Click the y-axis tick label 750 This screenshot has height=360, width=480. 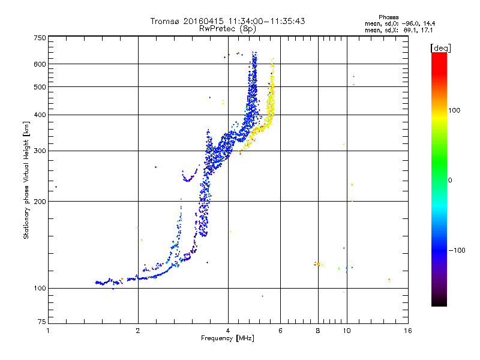40,37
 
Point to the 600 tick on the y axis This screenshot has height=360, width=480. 40,64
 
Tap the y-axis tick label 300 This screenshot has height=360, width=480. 40,151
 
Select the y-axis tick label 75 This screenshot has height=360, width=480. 41,324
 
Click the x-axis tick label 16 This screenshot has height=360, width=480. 407,331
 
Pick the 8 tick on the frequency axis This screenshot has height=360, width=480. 318,331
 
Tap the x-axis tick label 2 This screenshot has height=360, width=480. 138,331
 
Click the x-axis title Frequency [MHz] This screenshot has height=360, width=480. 227,338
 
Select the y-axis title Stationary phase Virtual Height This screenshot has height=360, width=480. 26,180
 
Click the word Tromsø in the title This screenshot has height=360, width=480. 167,21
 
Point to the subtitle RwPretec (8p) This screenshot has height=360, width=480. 227,28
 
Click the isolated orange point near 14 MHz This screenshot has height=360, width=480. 389,279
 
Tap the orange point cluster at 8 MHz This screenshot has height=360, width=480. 318,263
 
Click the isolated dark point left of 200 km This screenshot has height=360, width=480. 56,187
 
